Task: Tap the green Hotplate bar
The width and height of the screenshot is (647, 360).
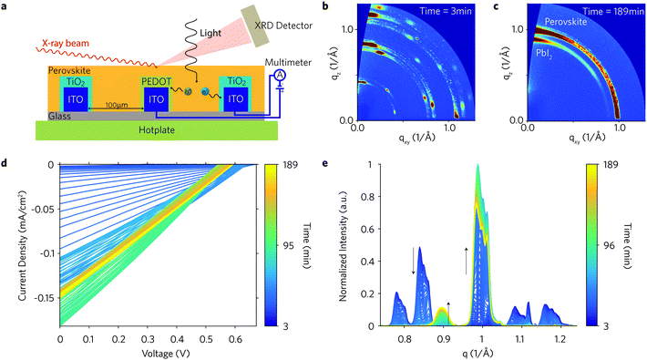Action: pos(172,130)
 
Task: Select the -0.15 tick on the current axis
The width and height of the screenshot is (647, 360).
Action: pos(42,297)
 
